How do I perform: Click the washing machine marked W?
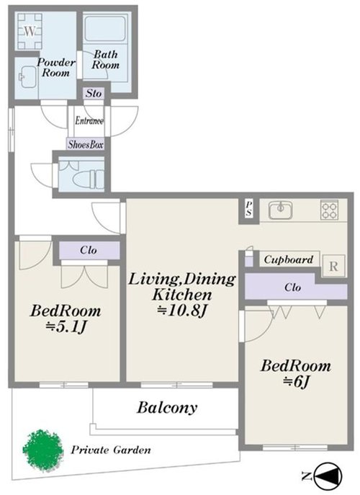[x=30, y=31]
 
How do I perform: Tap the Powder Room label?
[x=56, y=68]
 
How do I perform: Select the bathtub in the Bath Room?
[x=104, y=28]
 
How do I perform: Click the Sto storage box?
[x=94, y=94]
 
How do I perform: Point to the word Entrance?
[x=89, y=120]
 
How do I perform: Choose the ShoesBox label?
[x=86, y=144]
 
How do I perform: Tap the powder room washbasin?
[x=27, y=77]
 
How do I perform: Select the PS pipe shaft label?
[x=249, y=209]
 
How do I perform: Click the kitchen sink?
[x=280, y=210]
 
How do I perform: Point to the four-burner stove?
[x=329, y=210]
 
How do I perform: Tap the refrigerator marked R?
[x=333, y=266]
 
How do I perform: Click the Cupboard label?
[x=289, y=259]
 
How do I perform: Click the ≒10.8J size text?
[x=182, y=311]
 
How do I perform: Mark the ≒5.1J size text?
[x=66, y=327]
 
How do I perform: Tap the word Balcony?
[x=167, y=408]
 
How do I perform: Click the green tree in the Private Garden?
[x=41, y=449]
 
